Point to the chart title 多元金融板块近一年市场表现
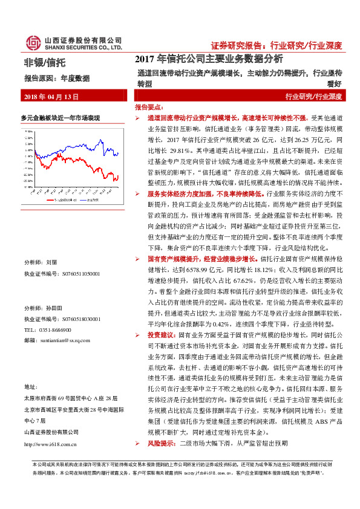point(60,117)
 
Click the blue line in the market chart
point(103,149)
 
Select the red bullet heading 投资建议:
point(161,334)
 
